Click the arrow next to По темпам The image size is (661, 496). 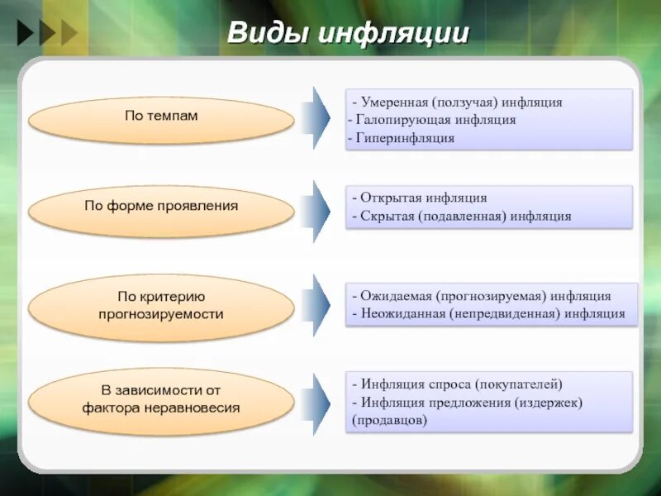316,117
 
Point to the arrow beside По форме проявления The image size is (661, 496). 316,210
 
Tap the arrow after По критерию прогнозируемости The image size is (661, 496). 316,306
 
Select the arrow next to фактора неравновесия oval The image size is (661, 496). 316,403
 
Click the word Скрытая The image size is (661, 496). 388,217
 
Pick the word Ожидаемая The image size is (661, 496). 394,296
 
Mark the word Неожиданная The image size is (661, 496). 402,314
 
